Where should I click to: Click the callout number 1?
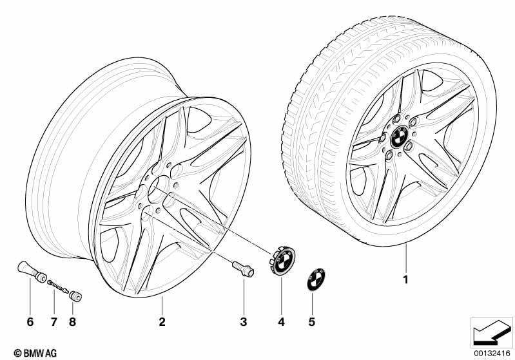point(405,279)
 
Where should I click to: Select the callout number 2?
point(162,322)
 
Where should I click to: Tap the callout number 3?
point(244,322)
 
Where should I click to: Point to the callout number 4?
point(281,322)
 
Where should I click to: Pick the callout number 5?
point(312,322)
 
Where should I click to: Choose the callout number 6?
point(30,322)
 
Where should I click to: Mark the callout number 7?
point(54,322)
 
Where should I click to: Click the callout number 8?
point(73,322)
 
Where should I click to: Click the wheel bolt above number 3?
point(243,269)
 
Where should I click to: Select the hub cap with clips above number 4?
point(283,260)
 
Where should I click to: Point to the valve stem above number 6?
point(32,271)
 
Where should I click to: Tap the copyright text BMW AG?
point(35,353)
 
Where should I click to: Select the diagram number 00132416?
point(492,354)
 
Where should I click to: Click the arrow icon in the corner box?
point(492,332)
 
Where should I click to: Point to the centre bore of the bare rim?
point(158,189)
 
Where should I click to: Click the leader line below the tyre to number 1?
point(406,260)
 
